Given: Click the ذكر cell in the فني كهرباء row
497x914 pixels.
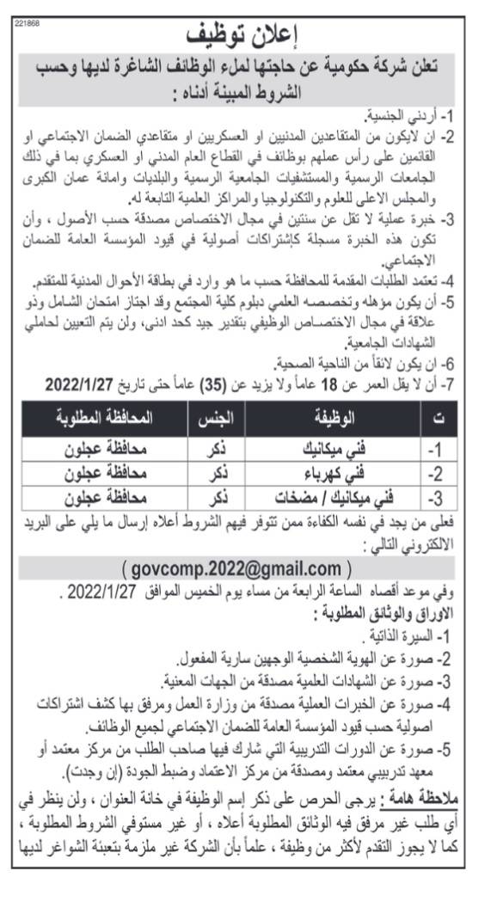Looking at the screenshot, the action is (x=218, y=472).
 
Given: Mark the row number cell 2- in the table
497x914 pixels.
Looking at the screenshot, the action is (x=437, y=472).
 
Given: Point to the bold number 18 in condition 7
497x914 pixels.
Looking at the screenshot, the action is (x=302, y=383).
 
